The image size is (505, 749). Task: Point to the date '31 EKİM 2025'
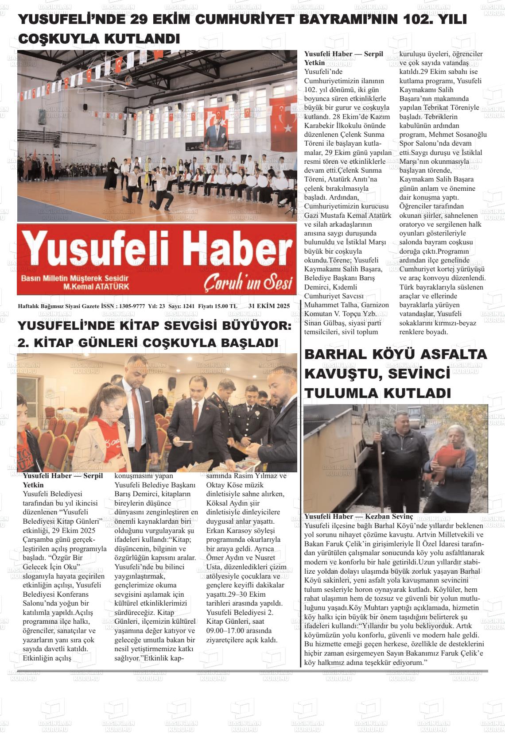point(269,306)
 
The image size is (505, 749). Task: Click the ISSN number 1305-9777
point(132,306)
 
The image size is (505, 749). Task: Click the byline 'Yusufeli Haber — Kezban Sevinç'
point(358,517)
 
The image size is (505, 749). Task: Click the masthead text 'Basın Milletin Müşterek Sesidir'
point(75,278)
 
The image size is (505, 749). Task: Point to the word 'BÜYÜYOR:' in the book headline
point(260,326)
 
